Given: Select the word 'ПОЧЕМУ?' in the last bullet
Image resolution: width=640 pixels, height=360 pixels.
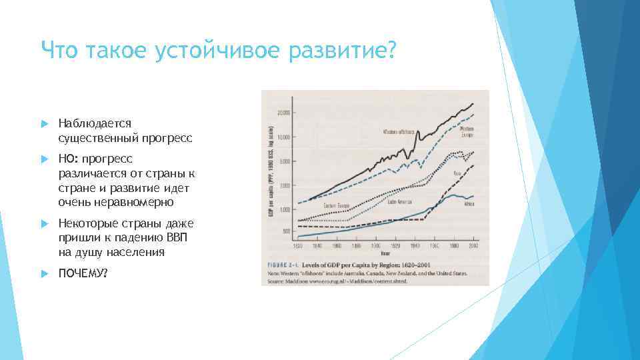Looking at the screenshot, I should point(83,275).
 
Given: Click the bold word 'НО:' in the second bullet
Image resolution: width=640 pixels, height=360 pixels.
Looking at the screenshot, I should point(69,159).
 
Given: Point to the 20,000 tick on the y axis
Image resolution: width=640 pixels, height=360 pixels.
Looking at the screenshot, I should point(283,113).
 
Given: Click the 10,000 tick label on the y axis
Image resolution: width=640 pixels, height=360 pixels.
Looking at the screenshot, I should point(283,137).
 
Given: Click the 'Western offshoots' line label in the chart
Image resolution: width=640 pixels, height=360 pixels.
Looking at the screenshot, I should point(399,132).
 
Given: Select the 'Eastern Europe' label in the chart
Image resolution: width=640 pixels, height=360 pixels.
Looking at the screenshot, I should point(337,205).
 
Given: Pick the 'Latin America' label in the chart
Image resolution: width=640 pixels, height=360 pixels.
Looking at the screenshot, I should point(400,201).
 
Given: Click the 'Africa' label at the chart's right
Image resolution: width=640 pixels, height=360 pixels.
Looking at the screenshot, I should point(469,205).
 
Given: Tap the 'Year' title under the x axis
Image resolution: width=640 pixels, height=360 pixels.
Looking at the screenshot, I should point(385,253).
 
